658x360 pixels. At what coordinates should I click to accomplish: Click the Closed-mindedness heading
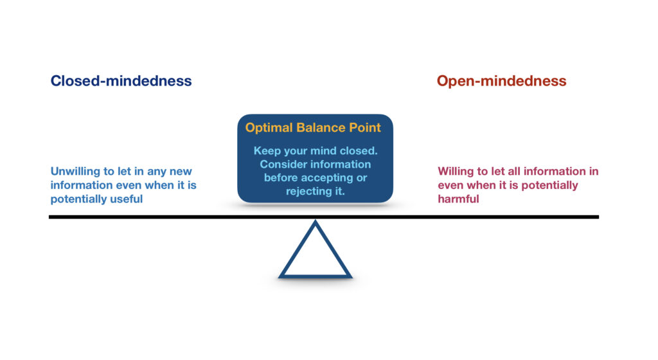click(x=121, y=81)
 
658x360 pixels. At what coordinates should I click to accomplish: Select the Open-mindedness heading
click(x=501, y=81)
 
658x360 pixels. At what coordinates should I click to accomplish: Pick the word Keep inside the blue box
click(x=267, y=151)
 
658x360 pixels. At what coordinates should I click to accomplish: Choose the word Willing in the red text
click(x=458, y=172)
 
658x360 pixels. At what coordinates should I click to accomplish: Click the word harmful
click(x=459, y=199)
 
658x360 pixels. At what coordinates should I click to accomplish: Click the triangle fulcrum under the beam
click(x=315, y=257)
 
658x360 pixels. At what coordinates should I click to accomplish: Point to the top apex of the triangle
click(x=315, y=222)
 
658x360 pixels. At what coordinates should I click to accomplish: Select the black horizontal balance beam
click(x=161, y=217)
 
